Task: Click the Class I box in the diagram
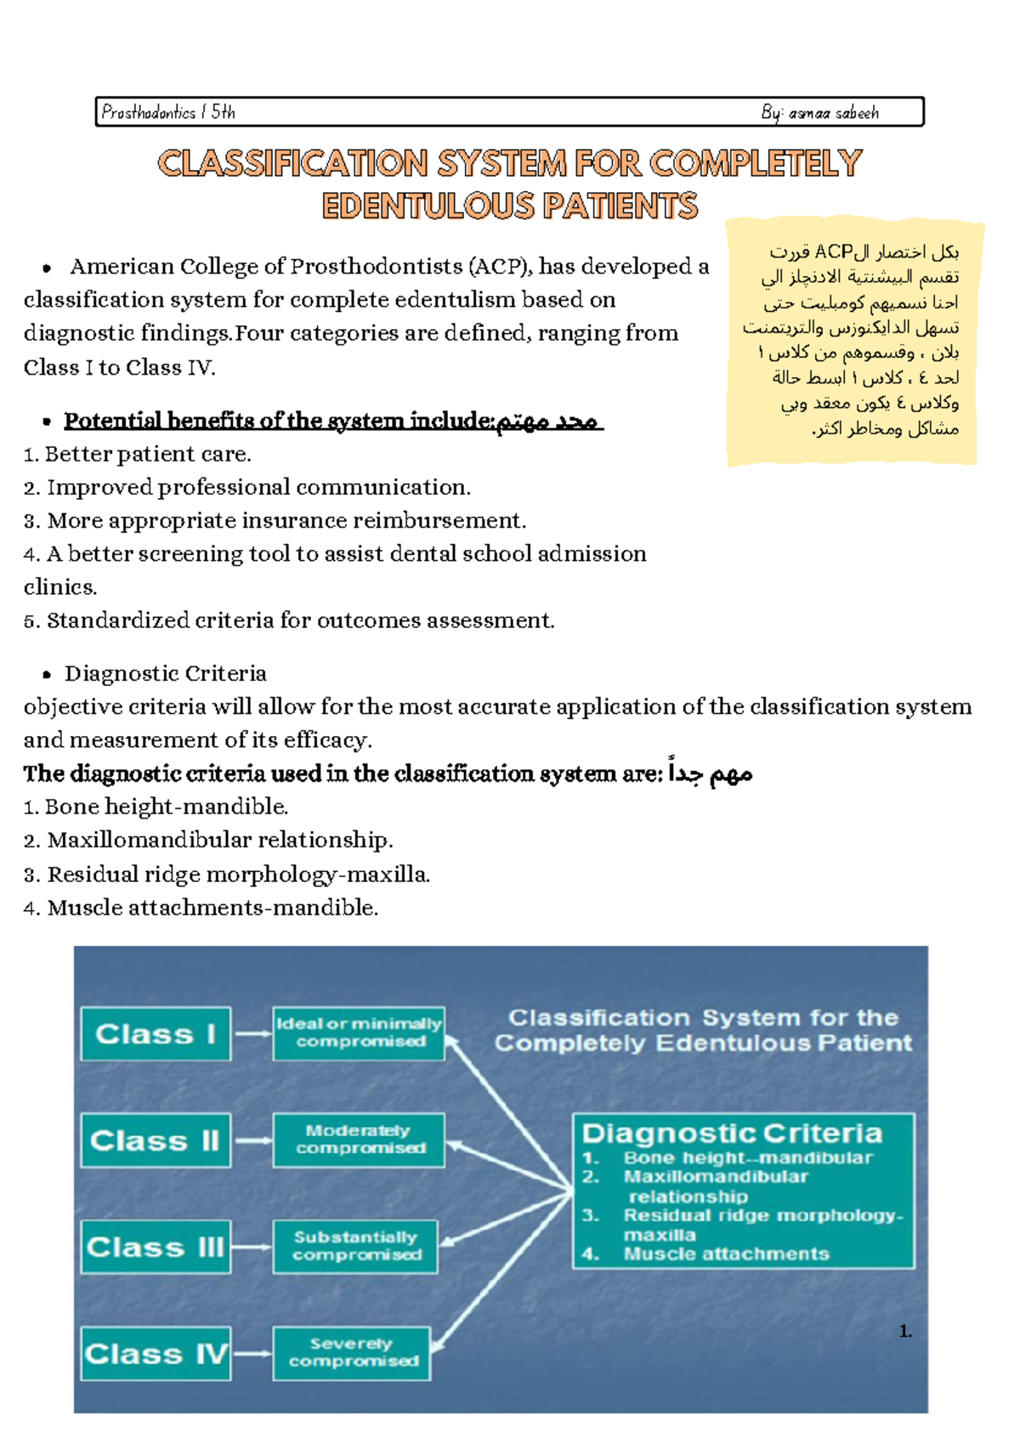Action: pos(156,1033)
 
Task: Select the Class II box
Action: pos(156,1140)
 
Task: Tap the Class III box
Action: pos(156,1247)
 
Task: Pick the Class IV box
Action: pos(156,1353)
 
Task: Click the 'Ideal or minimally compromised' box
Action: pos(359,1033)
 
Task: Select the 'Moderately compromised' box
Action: pos(359,1140)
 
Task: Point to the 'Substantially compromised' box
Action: pos(355,1246)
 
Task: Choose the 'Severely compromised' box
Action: pos(352,1352)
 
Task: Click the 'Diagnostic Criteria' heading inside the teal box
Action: pos(732,1134)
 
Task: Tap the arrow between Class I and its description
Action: pos(252,1033)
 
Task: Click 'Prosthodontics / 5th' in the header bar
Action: pos(168,112)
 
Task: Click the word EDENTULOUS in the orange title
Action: pos(428,207)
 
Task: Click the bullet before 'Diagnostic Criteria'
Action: pos(47,675)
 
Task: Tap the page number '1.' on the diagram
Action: pos(905,1331)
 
